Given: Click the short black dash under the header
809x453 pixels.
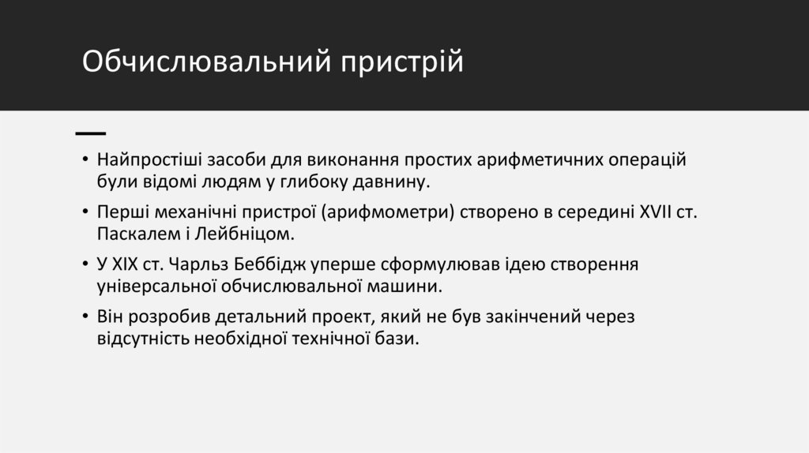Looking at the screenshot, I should [91, 132].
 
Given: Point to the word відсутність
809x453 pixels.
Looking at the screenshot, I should [142, 339].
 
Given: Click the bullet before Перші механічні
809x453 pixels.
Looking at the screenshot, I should [85, 213].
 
